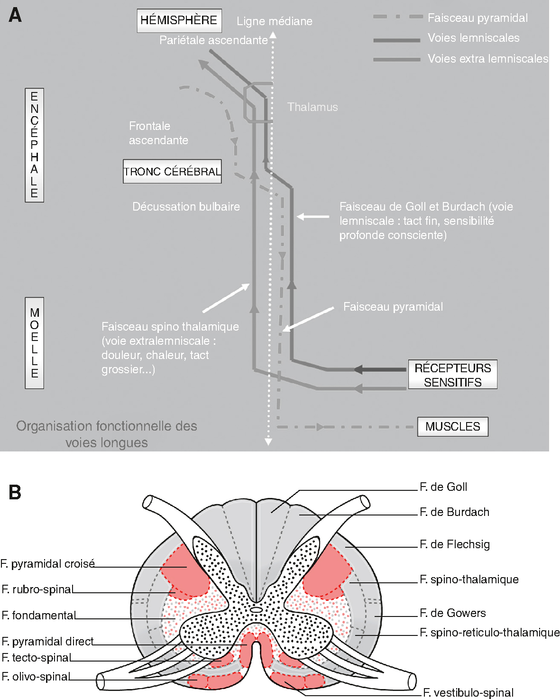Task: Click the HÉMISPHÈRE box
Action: [179, 20]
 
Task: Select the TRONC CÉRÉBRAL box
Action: [172, 171]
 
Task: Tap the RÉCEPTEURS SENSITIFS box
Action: [453, 375]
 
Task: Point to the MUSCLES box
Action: [452, 426]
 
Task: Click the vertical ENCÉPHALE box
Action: [34, 145]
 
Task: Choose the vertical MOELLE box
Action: [34, 343]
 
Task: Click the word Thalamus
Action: [312, 107]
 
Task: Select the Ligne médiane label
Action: [275, 21]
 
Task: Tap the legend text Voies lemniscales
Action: [473, 38]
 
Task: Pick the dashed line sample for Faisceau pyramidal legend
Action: [397, 17]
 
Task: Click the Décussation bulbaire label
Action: [186, 207]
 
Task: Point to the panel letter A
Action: [15, 16]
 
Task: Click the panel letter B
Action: [15, 492]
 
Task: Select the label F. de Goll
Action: [443, 487]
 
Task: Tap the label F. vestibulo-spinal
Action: [468, 693]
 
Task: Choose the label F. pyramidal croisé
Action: [48, 564]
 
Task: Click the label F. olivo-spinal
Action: [36, 677]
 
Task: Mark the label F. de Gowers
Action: [453, 613]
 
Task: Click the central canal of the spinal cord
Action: [256, 610]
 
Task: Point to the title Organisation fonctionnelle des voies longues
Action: [107, 434]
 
